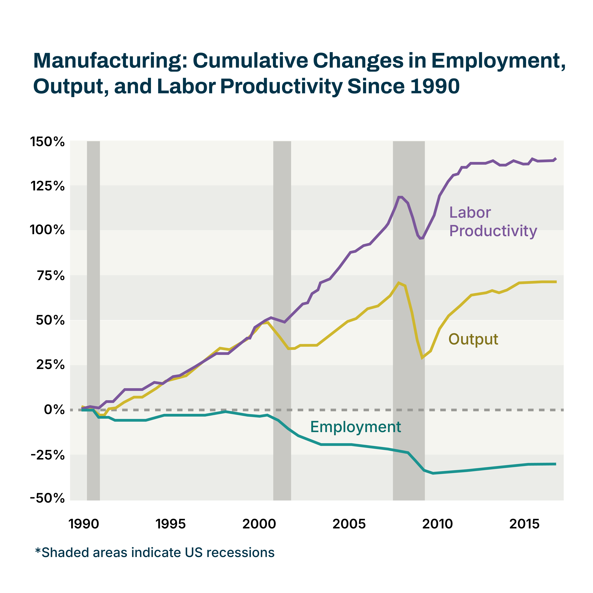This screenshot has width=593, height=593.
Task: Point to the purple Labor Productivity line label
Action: (493, 222)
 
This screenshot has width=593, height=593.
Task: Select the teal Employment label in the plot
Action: (355, 427)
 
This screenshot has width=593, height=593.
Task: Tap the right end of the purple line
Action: (556, 159)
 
